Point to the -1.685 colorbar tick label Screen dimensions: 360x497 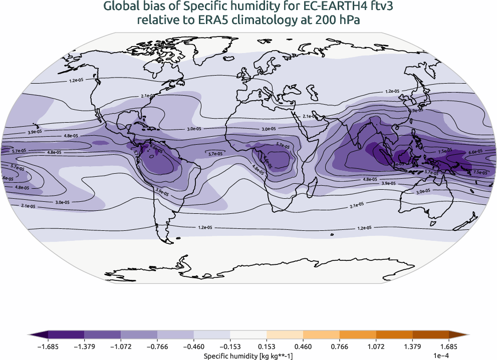[48, 346]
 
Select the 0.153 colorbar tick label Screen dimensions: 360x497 [267, 346]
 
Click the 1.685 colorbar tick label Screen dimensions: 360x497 [448, 346]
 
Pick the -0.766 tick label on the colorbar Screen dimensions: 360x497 [157, 346]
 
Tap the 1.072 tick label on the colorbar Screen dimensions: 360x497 [376, 346]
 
